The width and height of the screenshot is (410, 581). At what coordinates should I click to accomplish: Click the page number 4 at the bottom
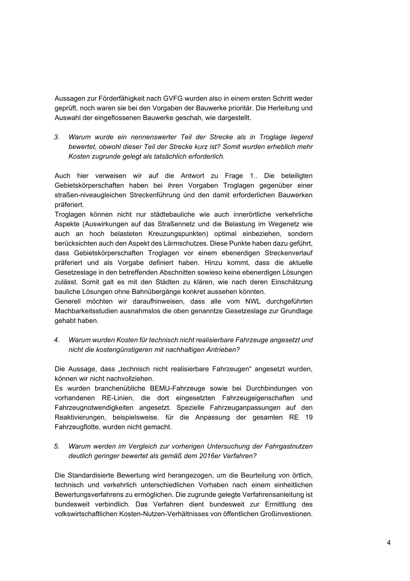coord(389,543)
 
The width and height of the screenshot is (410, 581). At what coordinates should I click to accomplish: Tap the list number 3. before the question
coord(57,137)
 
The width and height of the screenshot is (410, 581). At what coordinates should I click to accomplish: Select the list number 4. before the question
coord(57,340)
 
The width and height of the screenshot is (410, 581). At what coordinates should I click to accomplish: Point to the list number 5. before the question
coord(57,446)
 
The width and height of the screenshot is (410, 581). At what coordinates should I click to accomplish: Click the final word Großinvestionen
coord(286,514)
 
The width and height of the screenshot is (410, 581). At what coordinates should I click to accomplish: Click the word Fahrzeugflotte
coord(79,427)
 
